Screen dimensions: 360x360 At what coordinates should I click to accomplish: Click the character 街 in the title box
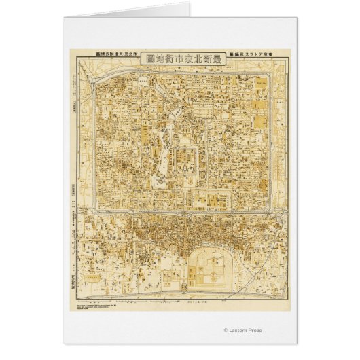(169, 58)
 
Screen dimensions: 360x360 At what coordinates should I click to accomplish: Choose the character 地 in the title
(159, 58)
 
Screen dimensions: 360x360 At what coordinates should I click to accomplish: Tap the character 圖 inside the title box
(149, 58)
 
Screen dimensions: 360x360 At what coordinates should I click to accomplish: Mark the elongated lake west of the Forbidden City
(163, 153)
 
